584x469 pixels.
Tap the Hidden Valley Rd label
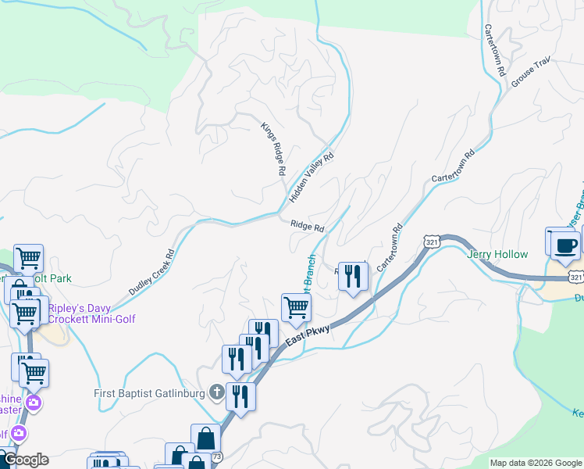(x=312, y=178)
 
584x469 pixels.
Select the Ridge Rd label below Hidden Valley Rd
(x=307, y=227)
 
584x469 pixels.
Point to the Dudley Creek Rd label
(x=151, y=272)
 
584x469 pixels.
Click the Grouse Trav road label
(x=532, y=72)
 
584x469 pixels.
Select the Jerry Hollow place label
(x=497, y=254)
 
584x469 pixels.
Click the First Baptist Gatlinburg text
(x=149, y=392)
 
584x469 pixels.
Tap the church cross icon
(x=216, y=392)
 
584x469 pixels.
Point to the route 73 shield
(x=217, y=456)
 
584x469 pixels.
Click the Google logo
(x=25, y=460)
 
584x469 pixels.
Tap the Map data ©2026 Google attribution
(x=536, y=463)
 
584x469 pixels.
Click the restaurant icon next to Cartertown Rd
(x=353, y=276)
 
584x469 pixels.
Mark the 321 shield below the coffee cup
(x=575, y=277)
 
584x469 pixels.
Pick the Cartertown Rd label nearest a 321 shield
(x=389, y=248)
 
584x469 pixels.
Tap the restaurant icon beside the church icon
(x=240, y=396)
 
